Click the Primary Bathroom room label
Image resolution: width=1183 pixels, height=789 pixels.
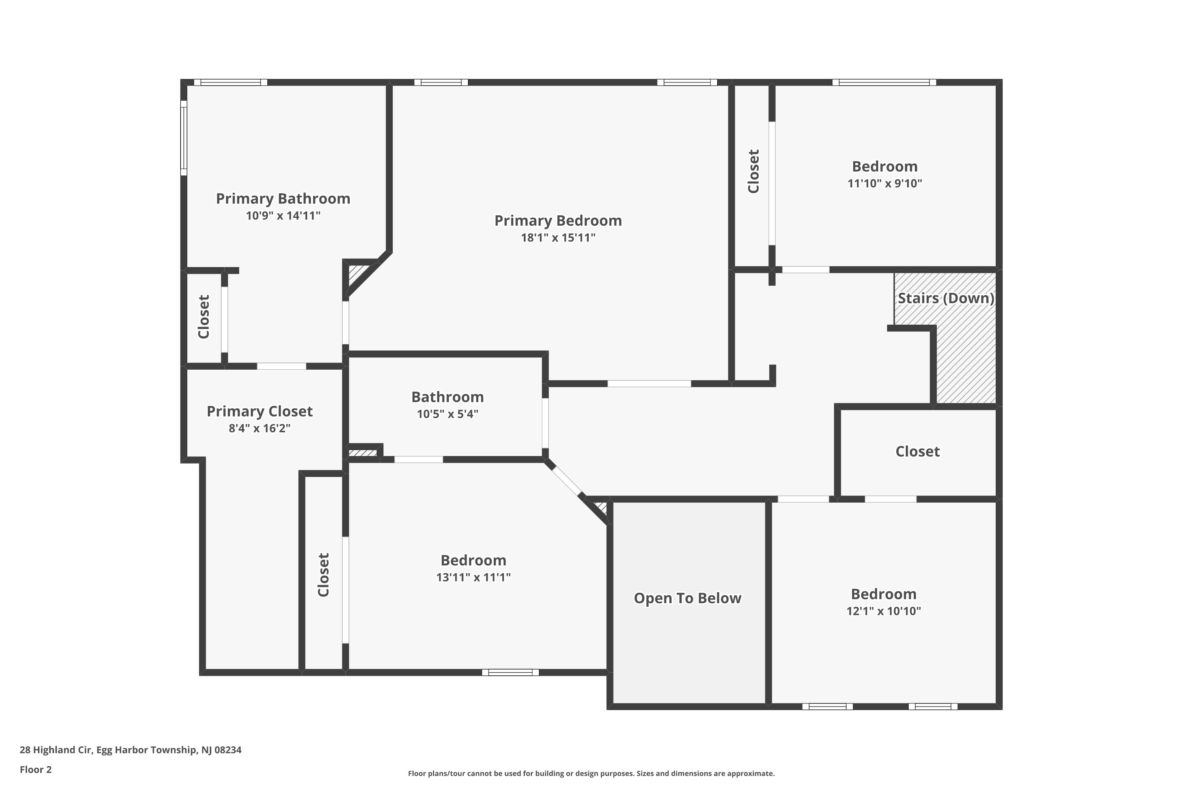[283, 199]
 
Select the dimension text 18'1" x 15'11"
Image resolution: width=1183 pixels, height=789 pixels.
[558, 237]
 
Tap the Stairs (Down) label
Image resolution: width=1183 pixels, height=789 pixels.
[946, 298]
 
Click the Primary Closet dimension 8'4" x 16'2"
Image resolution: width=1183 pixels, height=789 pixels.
[259, 428]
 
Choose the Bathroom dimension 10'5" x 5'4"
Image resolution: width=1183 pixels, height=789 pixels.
[447, 414]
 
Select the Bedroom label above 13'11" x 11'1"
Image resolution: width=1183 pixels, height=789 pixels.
[473, 561]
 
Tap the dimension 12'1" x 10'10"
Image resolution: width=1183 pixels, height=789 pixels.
[883, 611]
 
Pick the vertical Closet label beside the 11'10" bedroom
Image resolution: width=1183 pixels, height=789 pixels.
[753, 171]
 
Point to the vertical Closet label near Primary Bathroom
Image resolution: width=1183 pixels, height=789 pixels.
[203, 317]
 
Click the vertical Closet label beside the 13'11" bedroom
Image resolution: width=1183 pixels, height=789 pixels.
[323, 575]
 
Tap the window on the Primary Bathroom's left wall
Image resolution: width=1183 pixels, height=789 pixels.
[184, 138]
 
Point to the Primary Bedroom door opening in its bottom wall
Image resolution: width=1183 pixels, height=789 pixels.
[649, 384]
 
